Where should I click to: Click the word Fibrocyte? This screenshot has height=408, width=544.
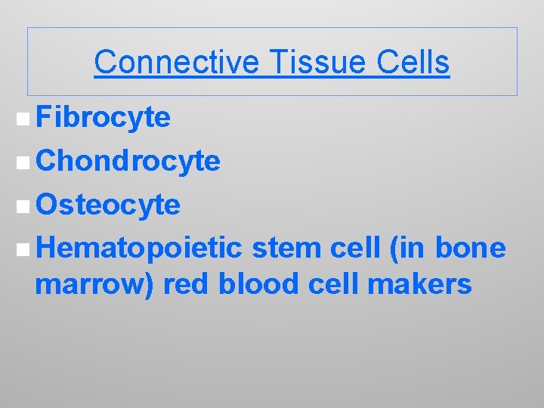point(103,118)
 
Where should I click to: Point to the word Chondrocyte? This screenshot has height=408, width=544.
point(128,161)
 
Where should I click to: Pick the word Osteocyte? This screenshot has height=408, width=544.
point(108,204)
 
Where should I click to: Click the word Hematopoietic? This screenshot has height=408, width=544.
point(139,247)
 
